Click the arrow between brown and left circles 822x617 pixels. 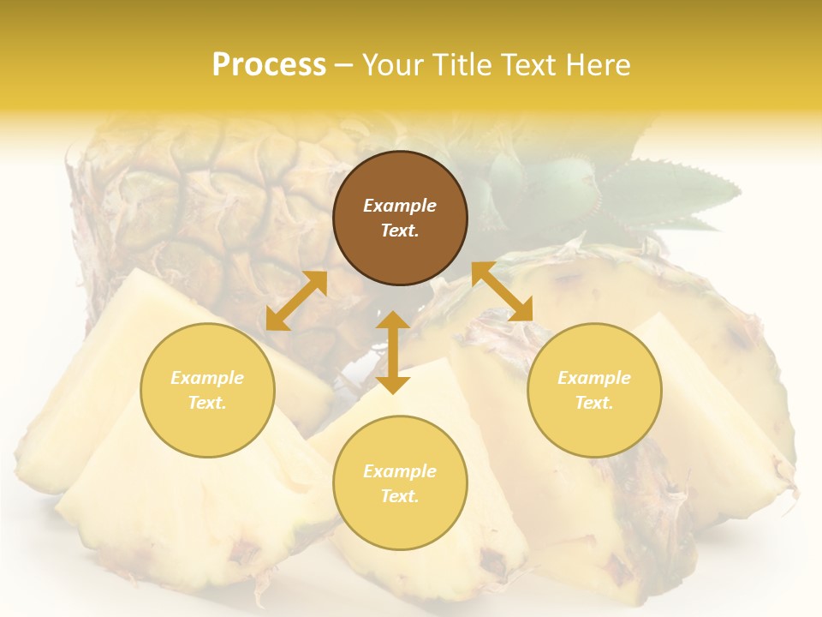296,301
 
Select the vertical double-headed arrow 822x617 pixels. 393,352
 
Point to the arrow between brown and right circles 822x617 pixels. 502,291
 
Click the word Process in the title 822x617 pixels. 269,64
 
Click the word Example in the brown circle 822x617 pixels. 400,206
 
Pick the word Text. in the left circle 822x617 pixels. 207,403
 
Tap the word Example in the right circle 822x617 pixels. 594,378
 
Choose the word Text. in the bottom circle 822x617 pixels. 400,496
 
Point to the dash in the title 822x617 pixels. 344,65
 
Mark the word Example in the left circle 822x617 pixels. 207,378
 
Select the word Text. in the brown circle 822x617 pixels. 400,231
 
